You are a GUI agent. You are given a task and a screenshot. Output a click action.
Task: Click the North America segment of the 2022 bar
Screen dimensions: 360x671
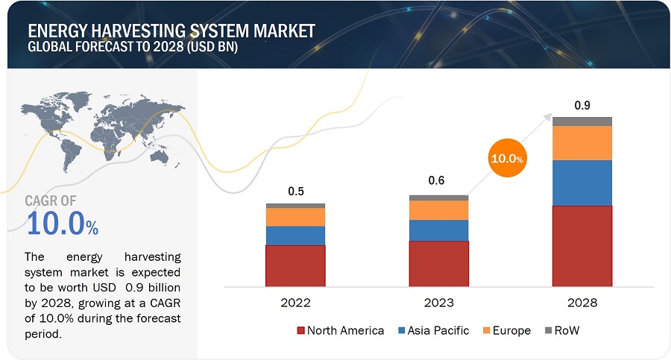(x=295, y=265)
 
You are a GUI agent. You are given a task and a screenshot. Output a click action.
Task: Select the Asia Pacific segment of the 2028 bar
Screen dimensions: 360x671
(x=582, y=183)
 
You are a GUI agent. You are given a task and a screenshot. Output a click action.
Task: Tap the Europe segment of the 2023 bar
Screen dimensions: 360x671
(x=438, y=210)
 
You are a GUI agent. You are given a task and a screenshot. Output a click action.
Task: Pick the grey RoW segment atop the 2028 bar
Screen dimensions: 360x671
(x=582, y=121)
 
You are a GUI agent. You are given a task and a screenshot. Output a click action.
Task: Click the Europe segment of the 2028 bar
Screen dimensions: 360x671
(x=582, y=142)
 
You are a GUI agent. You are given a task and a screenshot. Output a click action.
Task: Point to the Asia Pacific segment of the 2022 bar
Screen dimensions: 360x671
(x=295, y=236)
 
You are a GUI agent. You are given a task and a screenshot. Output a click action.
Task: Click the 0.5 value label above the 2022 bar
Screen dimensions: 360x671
(x=296, y=192)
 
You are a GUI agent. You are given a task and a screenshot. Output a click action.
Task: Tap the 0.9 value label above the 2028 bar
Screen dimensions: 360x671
(x=582, y=104)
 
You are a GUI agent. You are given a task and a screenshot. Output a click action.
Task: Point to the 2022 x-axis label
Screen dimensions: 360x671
(x=295, y=303)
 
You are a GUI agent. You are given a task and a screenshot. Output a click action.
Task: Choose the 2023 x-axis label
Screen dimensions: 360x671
(x=438, y=303)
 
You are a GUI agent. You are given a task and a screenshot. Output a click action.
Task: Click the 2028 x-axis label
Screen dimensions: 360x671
(x=582, y=303)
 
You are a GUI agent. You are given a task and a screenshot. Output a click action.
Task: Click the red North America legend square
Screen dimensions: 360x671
(x=301, y=330)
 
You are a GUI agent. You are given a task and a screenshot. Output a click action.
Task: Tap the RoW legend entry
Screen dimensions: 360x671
(x=563, y=330)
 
